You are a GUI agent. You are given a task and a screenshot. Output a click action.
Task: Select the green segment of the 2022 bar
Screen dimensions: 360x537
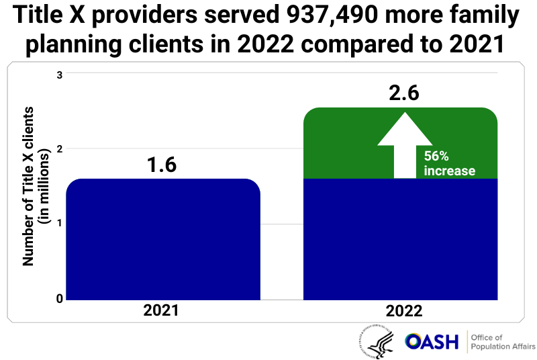[336, 144]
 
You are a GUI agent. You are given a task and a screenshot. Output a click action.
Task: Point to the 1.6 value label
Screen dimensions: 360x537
[162, 165]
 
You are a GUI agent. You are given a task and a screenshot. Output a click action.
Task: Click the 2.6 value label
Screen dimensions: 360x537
[404, 93]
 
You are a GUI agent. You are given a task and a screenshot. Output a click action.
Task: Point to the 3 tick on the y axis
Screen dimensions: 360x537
[60, 75]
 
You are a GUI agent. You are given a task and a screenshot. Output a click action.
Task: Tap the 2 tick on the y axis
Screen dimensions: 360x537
[60, 148]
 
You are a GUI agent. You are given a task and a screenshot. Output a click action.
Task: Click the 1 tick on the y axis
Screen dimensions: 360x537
[60, 223]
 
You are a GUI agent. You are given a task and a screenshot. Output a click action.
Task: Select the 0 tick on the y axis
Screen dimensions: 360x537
[60, 298]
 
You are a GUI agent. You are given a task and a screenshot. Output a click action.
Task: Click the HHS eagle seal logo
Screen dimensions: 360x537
[377, 341]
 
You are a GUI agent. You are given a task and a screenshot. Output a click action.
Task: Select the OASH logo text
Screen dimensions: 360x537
[432, 342]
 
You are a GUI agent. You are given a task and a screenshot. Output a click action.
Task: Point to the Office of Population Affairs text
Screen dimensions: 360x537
[500, 342]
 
